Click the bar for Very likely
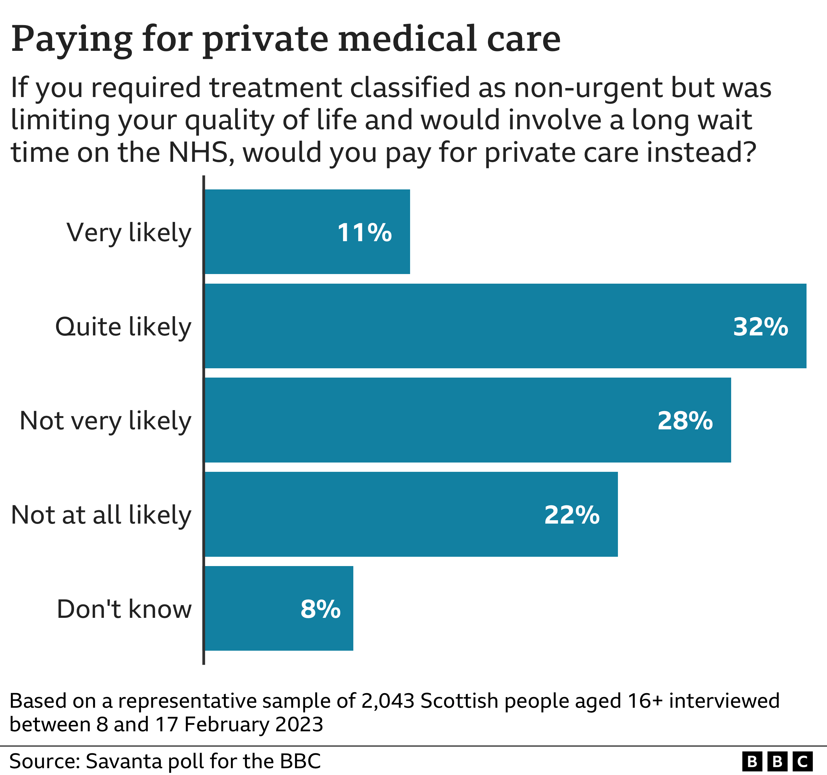(x=307, y=232)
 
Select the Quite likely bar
(x=505, y=326)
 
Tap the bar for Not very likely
(x=467, y=420)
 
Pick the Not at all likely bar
(x=411, y=514)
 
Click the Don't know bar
(x=279, y=608)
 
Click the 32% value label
(x=760, y=327)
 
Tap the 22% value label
(x=572, y=515)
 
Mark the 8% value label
(x=320, y=609)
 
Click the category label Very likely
(x=129, y=232)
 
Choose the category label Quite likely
(x=123, y=327)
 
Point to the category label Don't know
(x=124, y=609)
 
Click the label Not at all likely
(x=101, y=515)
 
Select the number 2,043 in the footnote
(x=388, y=701)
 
